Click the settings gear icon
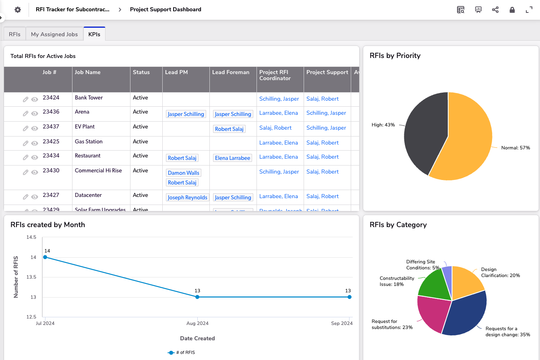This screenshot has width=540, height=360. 18,10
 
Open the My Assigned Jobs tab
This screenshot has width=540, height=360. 54,34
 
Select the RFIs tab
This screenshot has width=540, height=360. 14,34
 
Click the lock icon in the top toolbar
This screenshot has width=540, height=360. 512,10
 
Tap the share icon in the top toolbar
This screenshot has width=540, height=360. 495,10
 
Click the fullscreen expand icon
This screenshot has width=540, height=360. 529,10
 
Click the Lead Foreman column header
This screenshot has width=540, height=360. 231,72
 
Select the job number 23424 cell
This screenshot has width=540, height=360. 51,98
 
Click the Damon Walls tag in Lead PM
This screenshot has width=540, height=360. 184,173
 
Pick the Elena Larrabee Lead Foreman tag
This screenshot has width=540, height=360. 233,158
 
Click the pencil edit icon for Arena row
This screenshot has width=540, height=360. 25,114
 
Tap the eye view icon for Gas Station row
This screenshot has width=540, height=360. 35,143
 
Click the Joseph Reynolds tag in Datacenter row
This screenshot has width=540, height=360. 187,197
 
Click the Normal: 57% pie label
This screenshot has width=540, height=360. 515,148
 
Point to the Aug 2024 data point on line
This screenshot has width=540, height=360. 197,297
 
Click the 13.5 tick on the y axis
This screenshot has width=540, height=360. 31,277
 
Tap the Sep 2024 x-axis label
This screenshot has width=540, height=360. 341,323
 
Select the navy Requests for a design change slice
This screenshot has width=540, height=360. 465,316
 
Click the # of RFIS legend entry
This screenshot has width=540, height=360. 182,352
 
